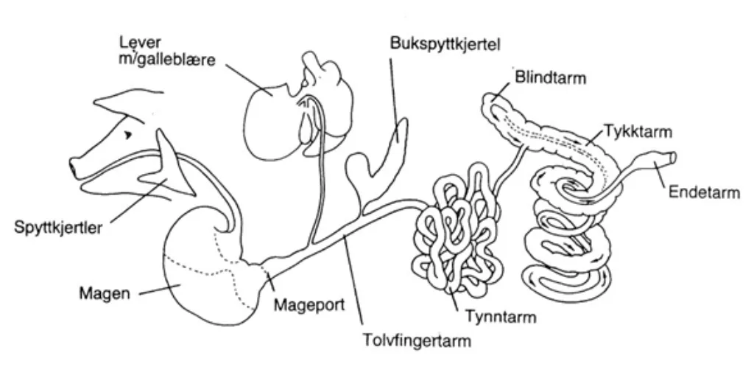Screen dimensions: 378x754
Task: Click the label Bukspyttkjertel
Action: pyautogui.click(x=445, y=44)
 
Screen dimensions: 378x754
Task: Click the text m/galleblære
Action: pyautogui.click(x=168, y=60)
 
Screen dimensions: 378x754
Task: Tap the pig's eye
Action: pyautogui.click(x=130, y=135)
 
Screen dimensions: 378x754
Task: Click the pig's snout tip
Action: pyautogui.click(x=74, y=167)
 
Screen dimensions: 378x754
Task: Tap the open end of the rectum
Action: pyautogui.click(x=674, y=157)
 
